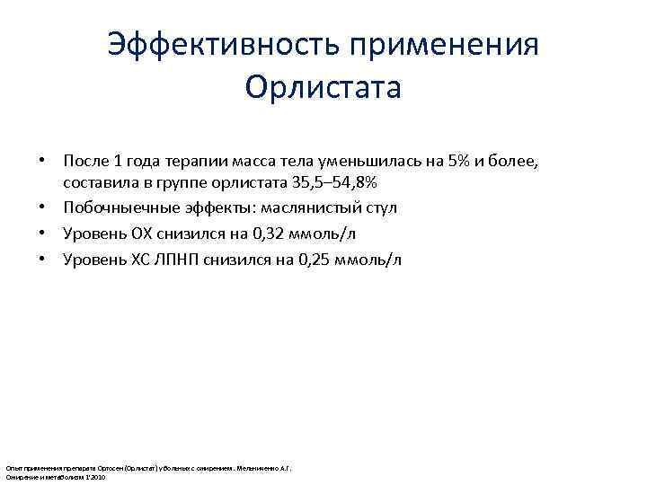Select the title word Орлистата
click(x=323, y=90)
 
